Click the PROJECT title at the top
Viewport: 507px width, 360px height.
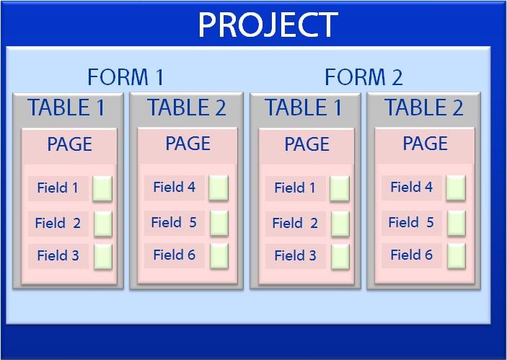pos(268,25)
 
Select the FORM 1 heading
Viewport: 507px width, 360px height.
pos(125,77)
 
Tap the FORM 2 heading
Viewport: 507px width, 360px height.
pos(363,77)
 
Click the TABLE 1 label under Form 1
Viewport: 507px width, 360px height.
pos(66,107)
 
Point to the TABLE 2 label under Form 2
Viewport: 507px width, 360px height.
pos(423,107)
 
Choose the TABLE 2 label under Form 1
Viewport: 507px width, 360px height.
pos(187,107)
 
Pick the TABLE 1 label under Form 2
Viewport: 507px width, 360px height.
pos(304,107)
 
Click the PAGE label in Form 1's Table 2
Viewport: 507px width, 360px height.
pos(188,144)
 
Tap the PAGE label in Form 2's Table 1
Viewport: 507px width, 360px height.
pos(307,144)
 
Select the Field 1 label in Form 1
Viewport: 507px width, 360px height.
pos(58,188)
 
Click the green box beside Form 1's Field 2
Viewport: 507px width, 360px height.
pos(103,224)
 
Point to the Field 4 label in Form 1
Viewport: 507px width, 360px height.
pos(175,187)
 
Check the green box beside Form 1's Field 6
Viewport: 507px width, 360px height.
pos(219,256)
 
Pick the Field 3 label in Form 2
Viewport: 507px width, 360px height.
pos(295,255)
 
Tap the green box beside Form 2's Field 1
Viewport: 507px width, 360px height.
pos(340,189)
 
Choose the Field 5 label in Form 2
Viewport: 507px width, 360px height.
pos(411,222)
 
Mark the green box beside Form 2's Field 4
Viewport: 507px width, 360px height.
pos(456,188)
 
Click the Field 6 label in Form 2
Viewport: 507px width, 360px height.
pos(412,255)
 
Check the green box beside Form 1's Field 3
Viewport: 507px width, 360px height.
pos(103,257)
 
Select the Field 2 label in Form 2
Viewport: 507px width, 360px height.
pos(295,223)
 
